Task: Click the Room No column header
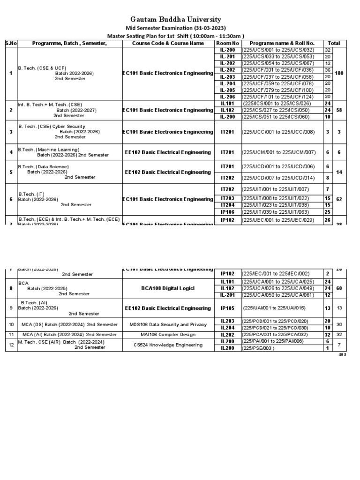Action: point(227,43)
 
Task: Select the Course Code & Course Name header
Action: point(168,43)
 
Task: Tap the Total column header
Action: point(334,43)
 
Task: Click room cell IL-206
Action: point(227,97)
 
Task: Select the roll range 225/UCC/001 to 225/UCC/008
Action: point(278,132)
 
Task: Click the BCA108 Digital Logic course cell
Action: point(168,288)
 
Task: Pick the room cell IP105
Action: point(227,308)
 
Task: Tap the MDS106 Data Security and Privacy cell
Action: point(168,324)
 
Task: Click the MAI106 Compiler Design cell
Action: point(168,334)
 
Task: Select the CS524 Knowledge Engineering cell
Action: point(168,345)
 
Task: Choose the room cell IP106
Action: point(227,211)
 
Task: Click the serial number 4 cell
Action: point(10,152)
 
